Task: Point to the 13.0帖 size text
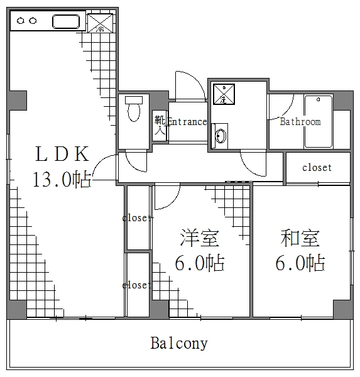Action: (62, 180)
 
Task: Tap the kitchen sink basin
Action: (67, 22)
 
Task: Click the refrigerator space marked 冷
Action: (99, 23)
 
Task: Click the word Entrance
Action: (187, 122)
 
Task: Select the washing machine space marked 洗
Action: (223, 94)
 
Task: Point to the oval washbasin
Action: (221, 136)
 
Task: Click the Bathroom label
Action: (300, 122)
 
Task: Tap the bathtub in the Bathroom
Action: (319, 121)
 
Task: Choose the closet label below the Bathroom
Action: (317, 168)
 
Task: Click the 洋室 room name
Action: (199, 239)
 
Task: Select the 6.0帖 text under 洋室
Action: (199, 263)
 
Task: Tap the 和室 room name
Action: (300, 238)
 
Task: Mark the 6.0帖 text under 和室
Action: (300, 262)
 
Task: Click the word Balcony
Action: (179, 344)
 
